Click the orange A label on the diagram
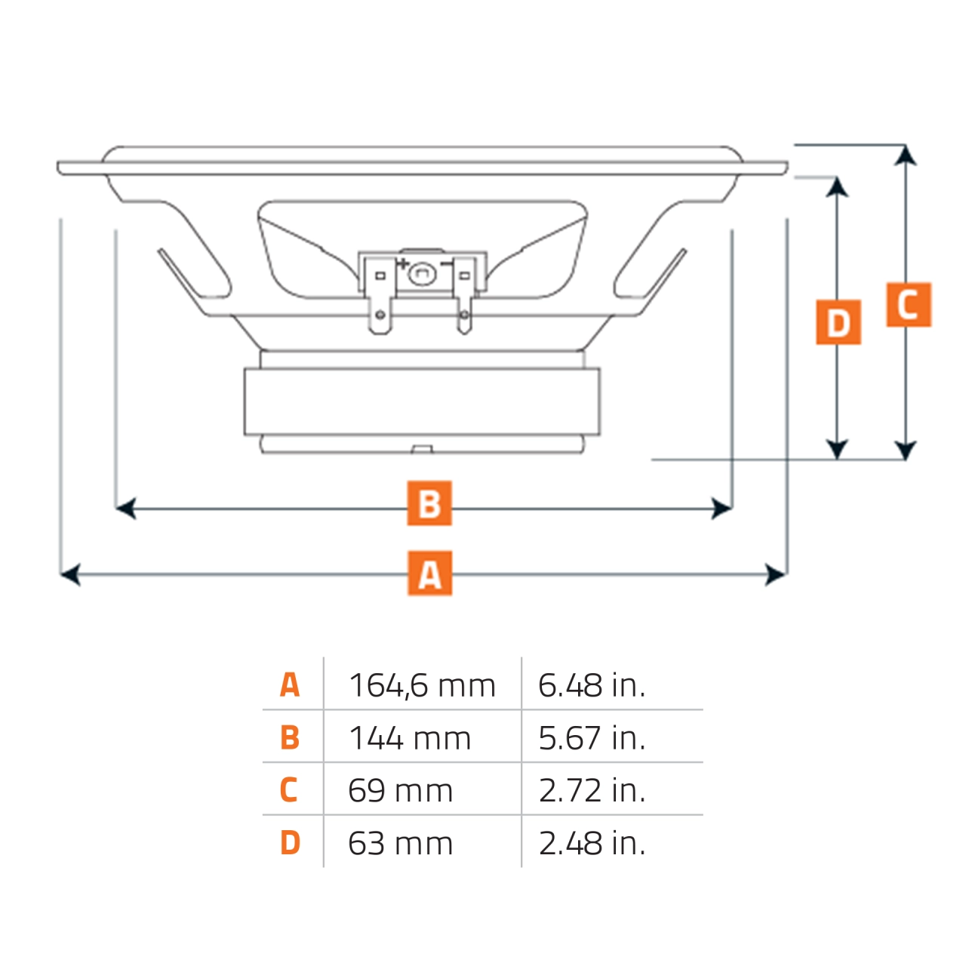pos(429,574)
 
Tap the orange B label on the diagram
pos(429,503)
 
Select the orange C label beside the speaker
pos(909,305)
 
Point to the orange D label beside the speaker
pos(838,322)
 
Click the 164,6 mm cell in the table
pos(422,685)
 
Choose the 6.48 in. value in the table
pos(592,685)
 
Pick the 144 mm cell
pos(410,738)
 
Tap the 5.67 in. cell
pos(592,738)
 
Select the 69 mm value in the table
pos(401,791)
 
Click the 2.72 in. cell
pos(592,791)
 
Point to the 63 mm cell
pos(401,844)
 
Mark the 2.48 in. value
pos(592,844)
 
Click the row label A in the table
pos(290,685)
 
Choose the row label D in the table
pos(290,844)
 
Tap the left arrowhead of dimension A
pos(69,575)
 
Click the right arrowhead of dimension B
pos(722,509)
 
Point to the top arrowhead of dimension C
pos(906,155)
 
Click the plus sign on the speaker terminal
pos(403,264)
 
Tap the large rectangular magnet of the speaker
pos(422,401)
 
